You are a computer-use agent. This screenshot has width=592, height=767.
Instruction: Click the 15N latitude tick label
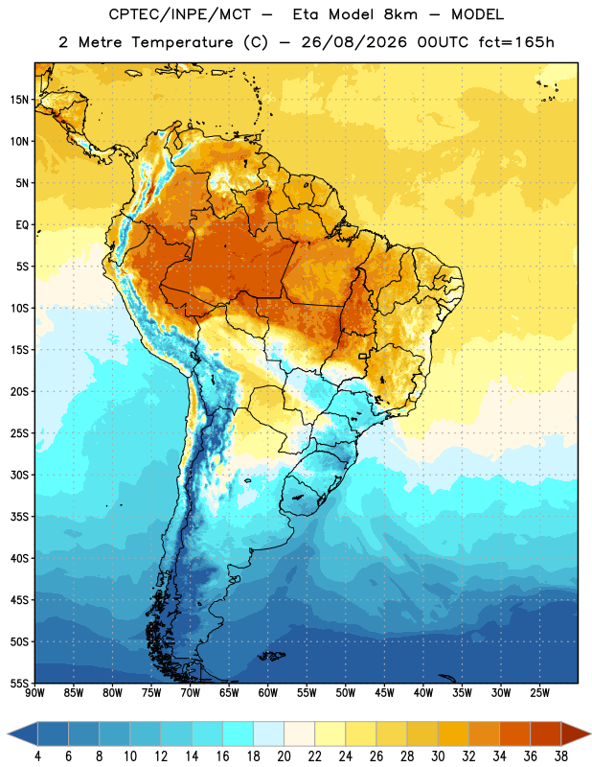pos(19,100)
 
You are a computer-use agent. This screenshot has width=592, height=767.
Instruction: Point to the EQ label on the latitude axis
pos(22,225)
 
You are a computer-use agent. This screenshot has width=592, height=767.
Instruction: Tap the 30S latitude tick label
pos(19,475)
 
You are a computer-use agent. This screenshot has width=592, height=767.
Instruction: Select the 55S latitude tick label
pos(19,683)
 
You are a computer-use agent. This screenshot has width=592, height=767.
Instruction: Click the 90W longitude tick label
pos(34,692)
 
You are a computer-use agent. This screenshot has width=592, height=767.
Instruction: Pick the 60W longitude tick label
pos(268,692)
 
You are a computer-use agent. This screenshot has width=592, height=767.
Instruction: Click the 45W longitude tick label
pos(384,692)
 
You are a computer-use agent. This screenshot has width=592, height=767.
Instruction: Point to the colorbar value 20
pos(284,756)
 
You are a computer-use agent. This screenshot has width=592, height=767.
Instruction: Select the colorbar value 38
pos(560,756)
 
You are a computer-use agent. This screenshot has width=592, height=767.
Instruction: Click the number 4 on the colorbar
pos(37,756)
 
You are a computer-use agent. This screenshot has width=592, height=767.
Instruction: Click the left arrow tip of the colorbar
pos(8,733)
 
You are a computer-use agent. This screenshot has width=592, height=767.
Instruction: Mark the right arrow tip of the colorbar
pos(590,733)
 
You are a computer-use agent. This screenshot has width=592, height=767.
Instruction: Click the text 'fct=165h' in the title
pos(516,42)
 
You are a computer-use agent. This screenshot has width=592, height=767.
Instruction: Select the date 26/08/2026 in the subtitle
pos(353,42)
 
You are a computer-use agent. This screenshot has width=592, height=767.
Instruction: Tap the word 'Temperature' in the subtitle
pos(182,42)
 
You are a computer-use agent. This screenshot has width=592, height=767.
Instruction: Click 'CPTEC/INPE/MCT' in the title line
pos(179,14)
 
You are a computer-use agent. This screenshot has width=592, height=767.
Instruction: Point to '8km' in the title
pos(400,14)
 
